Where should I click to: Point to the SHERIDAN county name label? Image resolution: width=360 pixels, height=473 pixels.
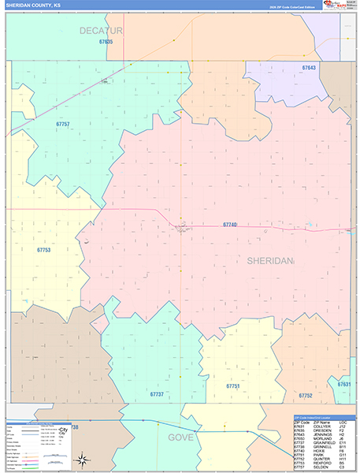(x=269, y=260)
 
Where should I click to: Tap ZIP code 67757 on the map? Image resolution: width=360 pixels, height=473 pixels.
(x=63, y=125)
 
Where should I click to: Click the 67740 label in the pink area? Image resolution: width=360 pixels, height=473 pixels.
(x=229, y=225)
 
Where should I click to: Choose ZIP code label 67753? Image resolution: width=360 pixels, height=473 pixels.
(x=43, y=249)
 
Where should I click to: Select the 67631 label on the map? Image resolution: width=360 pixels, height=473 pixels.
(x=344, y=384)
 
